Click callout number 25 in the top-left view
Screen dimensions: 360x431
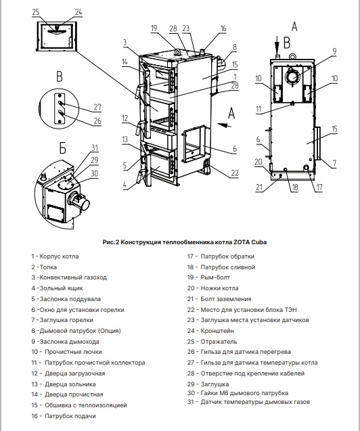pos(36,12)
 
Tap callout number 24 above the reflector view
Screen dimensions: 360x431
pos(78,12)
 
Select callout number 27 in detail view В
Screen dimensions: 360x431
pos(97,107)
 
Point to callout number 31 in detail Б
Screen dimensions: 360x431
pos(95,148)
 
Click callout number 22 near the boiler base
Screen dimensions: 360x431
pos(235,173)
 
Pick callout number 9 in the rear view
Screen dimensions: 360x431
pos(334,51)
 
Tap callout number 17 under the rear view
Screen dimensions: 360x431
pos(319,187)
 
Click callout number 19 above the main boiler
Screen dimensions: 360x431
pos(154,28)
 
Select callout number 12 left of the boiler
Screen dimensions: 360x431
pos(125,118)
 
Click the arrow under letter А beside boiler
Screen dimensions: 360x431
pos(225,126)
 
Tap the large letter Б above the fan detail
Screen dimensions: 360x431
pos(63,148)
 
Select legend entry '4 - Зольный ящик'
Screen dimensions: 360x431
pos(57,288)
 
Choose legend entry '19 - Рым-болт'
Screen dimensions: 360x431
pos(208,277)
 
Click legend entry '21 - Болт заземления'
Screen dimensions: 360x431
pos(219,299)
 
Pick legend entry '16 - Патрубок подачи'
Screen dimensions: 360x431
pos(64,416)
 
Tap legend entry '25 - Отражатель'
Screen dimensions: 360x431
pos(212,342)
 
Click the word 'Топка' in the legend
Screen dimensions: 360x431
pos(48,267)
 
